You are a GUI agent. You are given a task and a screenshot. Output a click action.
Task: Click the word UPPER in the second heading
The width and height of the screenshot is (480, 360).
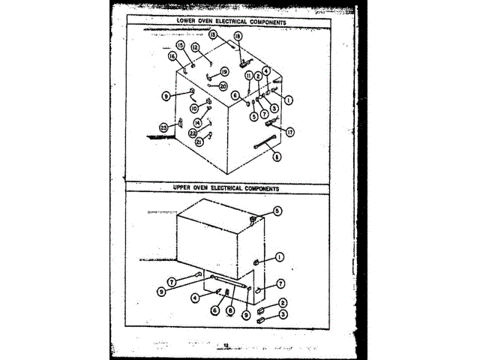click(185, 188)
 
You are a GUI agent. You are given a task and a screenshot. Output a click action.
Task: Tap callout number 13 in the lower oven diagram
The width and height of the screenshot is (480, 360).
click(213, 34)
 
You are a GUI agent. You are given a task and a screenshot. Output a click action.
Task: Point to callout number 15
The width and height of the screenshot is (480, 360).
click(180, 46)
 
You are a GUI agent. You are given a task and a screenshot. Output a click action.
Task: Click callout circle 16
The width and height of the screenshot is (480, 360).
click(172, 56)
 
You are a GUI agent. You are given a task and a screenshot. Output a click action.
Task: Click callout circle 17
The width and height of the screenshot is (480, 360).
click(289, 131)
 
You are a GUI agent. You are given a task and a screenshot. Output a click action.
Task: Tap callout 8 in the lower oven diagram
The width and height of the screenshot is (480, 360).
click(277, 157)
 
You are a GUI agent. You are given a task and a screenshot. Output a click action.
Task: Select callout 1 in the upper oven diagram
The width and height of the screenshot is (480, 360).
click(279, 256)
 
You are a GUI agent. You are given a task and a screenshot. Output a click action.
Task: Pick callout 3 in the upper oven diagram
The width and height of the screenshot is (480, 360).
click(283, 316)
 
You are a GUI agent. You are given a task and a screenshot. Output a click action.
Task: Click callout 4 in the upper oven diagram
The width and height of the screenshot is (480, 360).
click(195, 297)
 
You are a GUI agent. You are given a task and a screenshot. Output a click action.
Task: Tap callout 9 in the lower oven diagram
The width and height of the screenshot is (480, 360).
click(165, 95)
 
